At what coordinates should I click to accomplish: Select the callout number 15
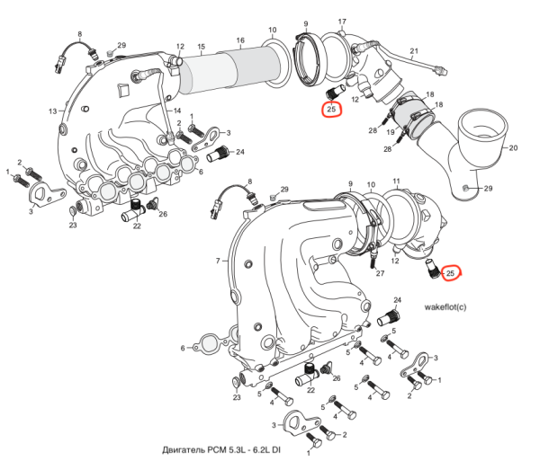(202, 46)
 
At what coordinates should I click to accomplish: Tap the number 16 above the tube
(240, 40)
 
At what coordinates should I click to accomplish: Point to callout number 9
(306, 23)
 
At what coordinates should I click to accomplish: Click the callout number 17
(342, 21)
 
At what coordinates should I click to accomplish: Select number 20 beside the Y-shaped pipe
(514, 147)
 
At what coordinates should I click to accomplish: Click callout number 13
(52, 111)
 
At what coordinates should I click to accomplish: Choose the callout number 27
(381, 272)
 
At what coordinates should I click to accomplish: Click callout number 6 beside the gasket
(183, 348)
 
